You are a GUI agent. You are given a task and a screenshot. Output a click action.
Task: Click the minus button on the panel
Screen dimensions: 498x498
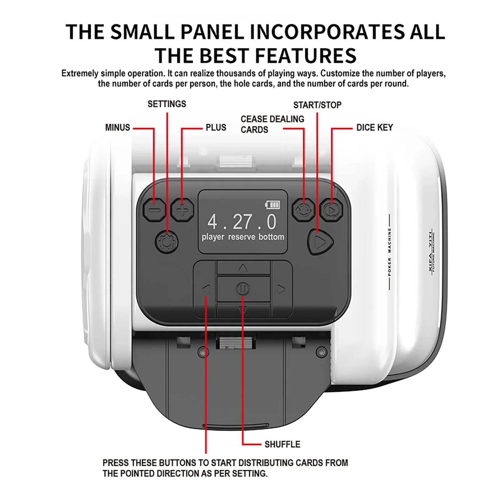pyautogui.click(x=154, y=210)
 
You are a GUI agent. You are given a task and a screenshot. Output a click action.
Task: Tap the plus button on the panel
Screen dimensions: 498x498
pyautogui.click(x=182, y=210)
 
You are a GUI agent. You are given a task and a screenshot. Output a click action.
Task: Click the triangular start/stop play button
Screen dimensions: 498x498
pyautogui.click(x=320, y=242)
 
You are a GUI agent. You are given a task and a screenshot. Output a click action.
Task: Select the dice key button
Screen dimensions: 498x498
pyautogui.click(x=331, y=210)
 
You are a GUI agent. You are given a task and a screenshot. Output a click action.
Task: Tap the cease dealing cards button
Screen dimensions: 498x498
pyautogui.click(x=303, y=210)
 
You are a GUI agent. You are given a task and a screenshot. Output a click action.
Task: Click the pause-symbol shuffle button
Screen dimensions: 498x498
pyautogui.click(x=243, y=289)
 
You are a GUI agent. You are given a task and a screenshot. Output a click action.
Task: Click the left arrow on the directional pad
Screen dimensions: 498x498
pyautogui.click(x=206, y=289)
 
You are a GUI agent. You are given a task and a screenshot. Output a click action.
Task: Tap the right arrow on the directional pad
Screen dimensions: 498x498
pyautogui.click(x=281, y=289)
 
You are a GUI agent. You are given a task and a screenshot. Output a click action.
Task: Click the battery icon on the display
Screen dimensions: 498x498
pyautogui.click(x=272, y=205)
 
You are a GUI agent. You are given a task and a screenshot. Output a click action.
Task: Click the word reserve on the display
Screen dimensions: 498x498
pyautogui.click(x=242, y=237)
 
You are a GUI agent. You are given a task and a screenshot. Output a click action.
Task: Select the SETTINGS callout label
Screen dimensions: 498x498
pyautogui.click(x=167, y=104)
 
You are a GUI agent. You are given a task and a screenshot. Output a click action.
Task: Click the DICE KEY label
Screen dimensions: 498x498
pyautogui.click(x=375, y=128)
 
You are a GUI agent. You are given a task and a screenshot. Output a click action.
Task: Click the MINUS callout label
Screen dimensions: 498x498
pyautogui.click(x=118, y=128)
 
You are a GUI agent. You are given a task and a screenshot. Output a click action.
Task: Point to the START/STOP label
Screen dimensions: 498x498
pyautogui.click(x=317, y=105)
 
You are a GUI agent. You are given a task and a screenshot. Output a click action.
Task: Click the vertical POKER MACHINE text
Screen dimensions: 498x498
pyautogui.click(x=389, y=252)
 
